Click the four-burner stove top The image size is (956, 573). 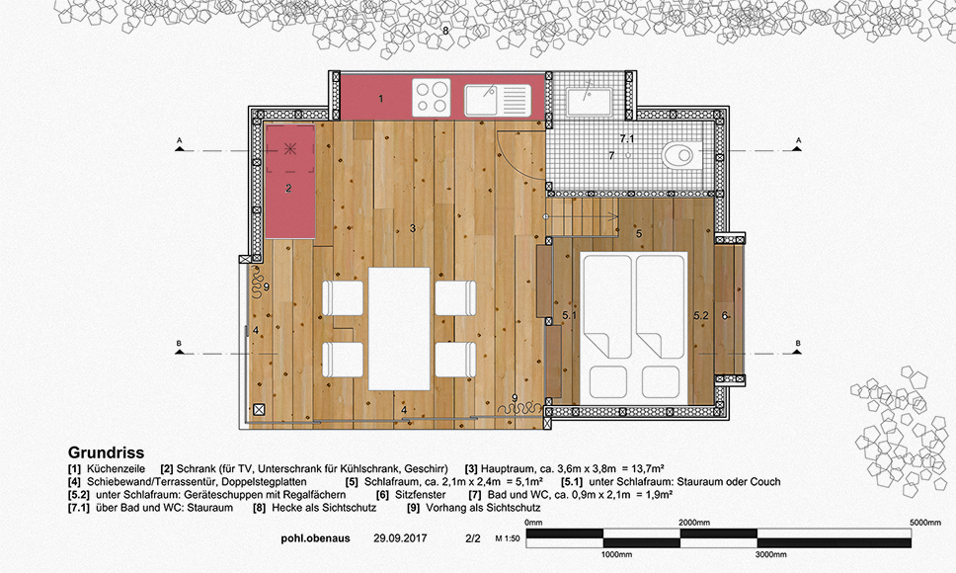click(x=432, y=98)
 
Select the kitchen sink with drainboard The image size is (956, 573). click(x=498, y=100)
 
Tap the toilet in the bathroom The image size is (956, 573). click(x=682, y=155)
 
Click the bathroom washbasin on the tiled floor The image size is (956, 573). click(x=589, y=101)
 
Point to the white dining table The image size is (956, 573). click(x=399, y=329)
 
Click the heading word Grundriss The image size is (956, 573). click(x=106, y=452)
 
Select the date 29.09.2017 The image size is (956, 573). click(x=400, y=538)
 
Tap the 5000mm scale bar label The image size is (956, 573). click(x=926, y=523)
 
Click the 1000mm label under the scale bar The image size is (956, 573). click(x=616, y=554)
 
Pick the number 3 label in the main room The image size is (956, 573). click(x=413, y=228)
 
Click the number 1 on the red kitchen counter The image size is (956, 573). click(x=381, y=98)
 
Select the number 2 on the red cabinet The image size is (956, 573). click(x=288, y=189)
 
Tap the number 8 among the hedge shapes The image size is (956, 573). click(x=445, y=31)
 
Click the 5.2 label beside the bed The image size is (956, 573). click(x=700, y=316)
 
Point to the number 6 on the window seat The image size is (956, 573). click(x=725, y=316)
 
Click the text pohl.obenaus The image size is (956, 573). click(x=315, y=538)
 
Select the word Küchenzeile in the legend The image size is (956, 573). click(x=116, y=468)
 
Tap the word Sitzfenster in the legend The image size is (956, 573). click(x=420, y=494)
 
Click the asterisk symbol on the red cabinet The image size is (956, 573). click(x=290, y=148)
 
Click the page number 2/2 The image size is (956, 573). click(x=472, y=538)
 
